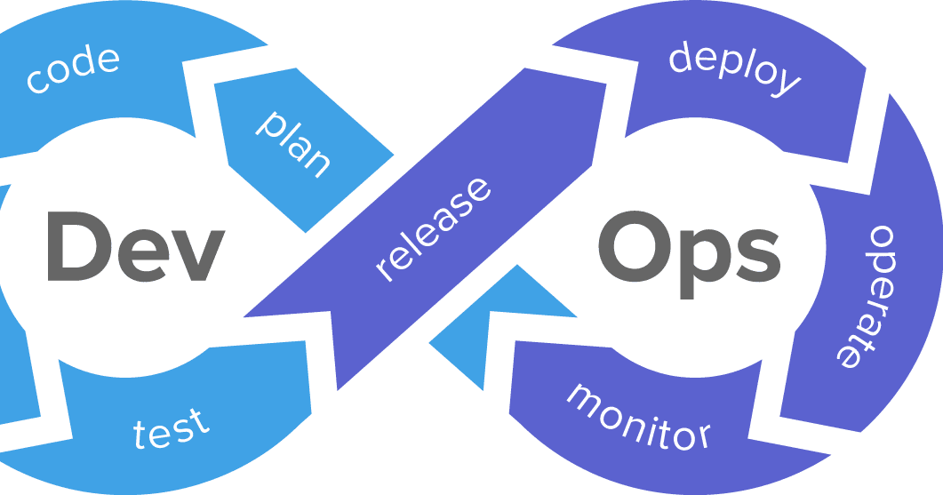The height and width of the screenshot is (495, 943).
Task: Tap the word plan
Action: pos(294,143)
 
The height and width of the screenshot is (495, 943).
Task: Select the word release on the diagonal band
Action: pos(433,229)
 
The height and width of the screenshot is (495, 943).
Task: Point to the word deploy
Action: pos(734,67)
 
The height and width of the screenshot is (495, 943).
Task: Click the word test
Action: pos(172,429)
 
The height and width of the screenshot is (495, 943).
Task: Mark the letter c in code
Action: pos(38,83)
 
